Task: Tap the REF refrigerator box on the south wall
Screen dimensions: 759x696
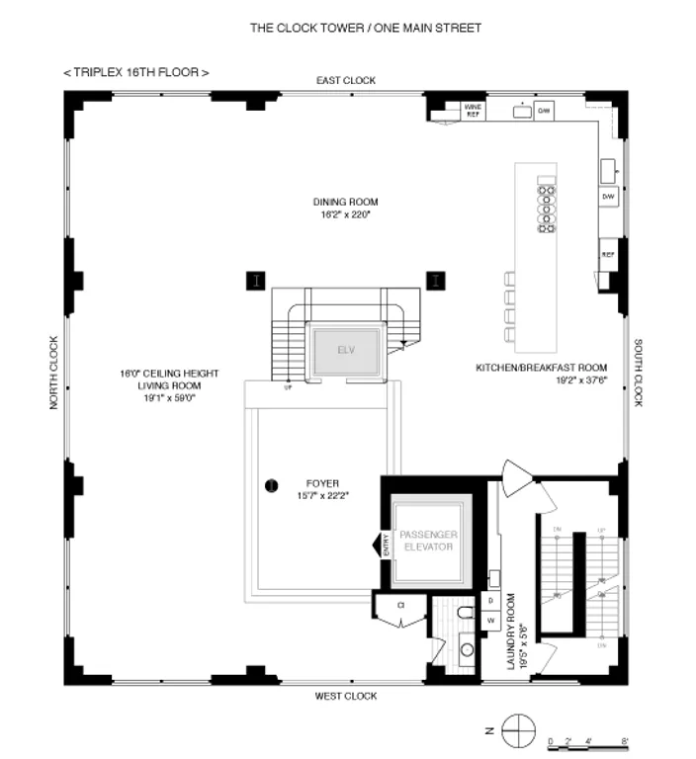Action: tap(608, 253)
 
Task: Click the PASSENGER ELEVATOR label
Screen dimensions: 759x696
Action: tap(427, 541)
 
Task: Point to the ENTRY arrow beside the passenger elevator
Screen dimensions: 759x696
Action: tap(377, 546)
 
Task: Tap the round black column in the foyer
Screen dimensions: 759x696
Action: tap(270, 484)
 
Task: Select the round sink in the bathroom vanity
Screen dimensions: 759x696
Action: tap(467, 650)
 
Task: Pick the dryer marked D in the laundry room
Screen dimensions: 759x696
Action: tap(490, 601)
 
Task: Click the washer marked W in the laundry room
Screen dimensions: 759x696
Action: tap(490, 620)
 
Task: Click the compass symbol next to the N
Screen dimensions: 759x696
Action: tap(517, 732)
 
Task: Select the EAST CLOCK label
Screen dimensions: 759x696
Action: tap(345, 80)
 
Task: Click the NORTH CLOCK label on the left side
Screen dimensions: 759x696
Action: tap(54, 373)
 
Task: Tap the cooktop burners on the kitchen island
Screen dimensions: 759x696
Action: tap(546, 206)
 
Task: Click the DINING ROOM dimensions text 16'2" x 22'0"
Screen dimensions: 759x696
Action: tap(345, 213)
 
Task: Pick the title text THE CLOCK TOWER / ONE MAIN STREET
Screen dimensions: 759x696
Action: tap(365, 28)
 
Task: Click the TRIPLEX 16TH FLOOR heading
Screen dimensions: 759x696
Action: tap(135, 73)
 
